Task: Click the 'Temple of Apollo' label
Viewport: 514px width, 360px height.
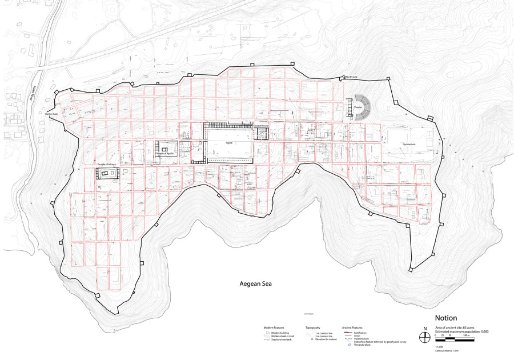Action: coord(162,154)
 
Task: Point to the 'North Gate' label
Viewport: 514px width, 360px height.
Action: coord(351,77)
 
